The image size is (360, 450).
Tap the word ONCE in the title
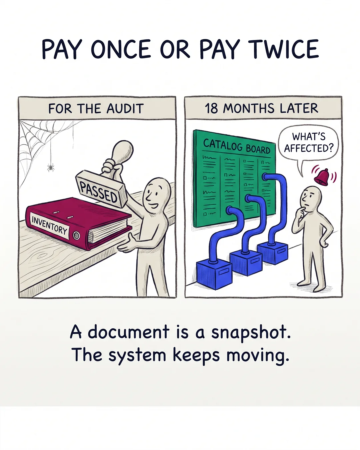121,49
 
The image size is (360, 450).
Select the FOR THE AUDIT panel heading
96,109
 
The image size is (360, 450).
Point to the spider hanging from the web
51,167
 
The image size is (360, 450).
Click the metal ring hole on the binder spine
76,235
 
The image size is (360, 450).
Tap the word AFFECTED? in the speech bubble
308,148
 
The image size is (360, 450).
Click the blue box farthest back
273,253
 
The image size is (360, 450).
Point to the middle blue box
246,263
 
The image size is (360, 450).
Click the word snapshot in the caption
251,333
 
